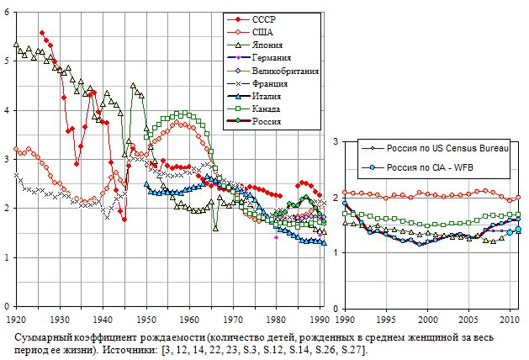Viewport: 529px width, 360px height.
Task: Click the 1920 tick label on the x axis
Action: point(16,320)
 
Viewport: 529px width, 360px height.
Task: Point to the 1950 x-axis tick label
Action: point(146,320)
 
